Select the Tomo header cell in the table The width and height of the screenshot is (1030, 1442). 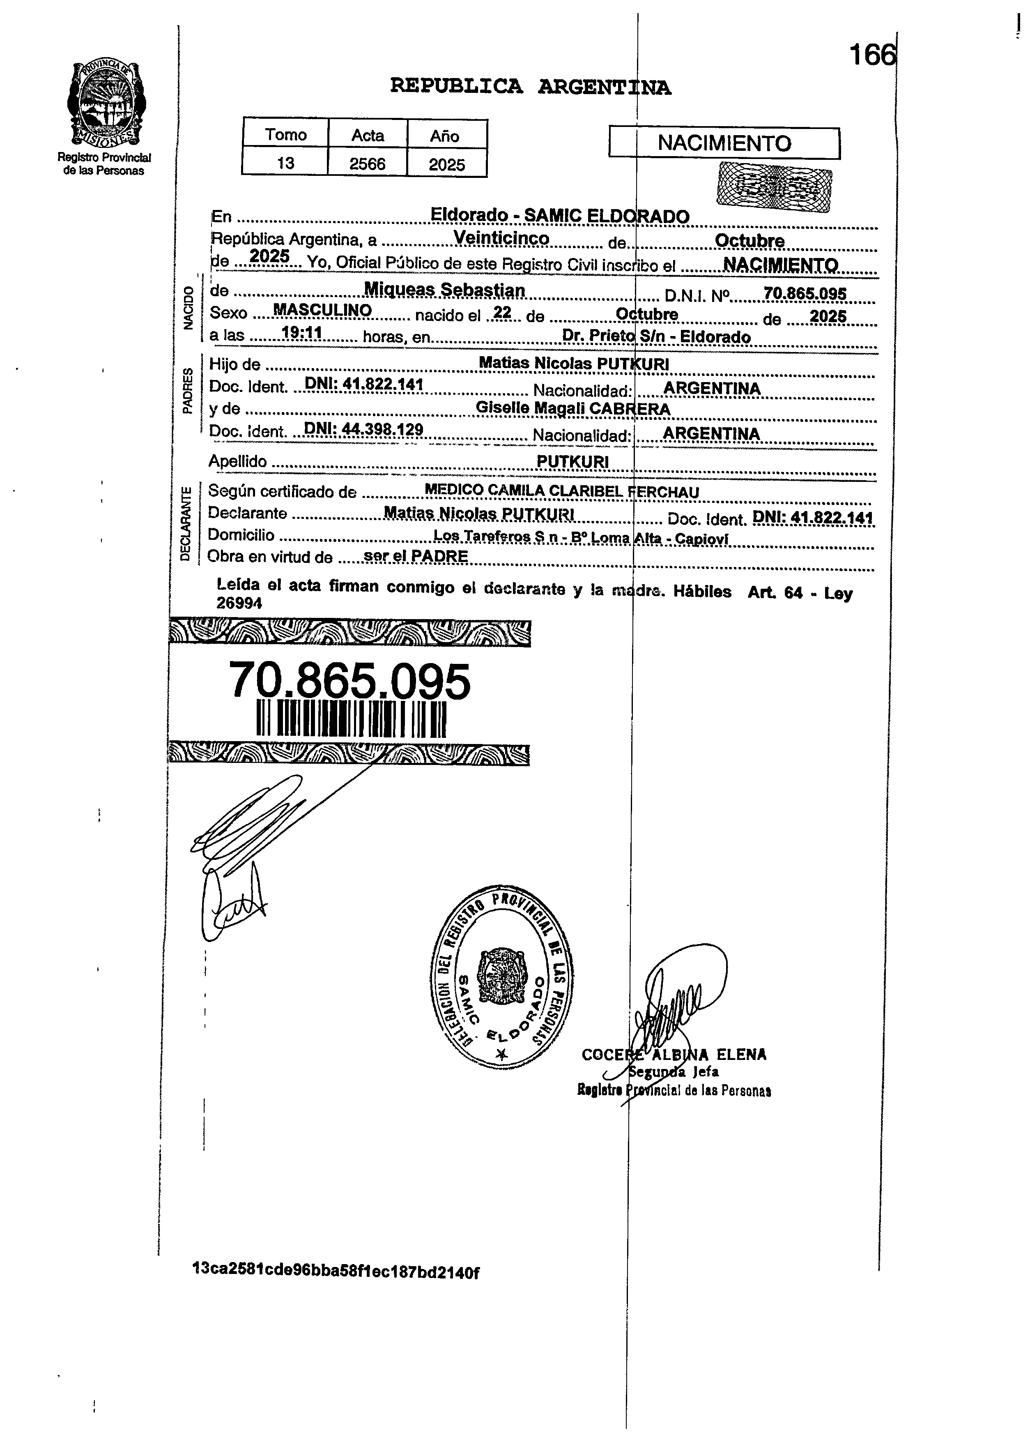285,134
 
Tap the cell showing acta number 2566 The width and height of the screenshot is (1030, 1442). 367,164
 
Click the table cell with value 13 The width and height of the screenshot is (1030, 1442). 285,163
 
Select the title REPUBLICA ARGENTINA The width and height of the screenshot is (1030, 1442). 530,85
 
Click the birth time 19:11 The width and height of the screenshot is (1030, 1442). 302,332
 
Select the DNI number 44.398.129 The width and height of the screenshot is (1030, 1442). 364,429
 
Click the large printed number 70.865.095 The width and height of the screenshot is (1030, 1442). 349,681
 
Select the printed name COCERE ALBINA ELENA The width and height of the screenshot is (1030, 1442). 674,1054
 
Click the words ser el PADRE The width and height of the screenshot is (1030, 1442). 416,556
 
